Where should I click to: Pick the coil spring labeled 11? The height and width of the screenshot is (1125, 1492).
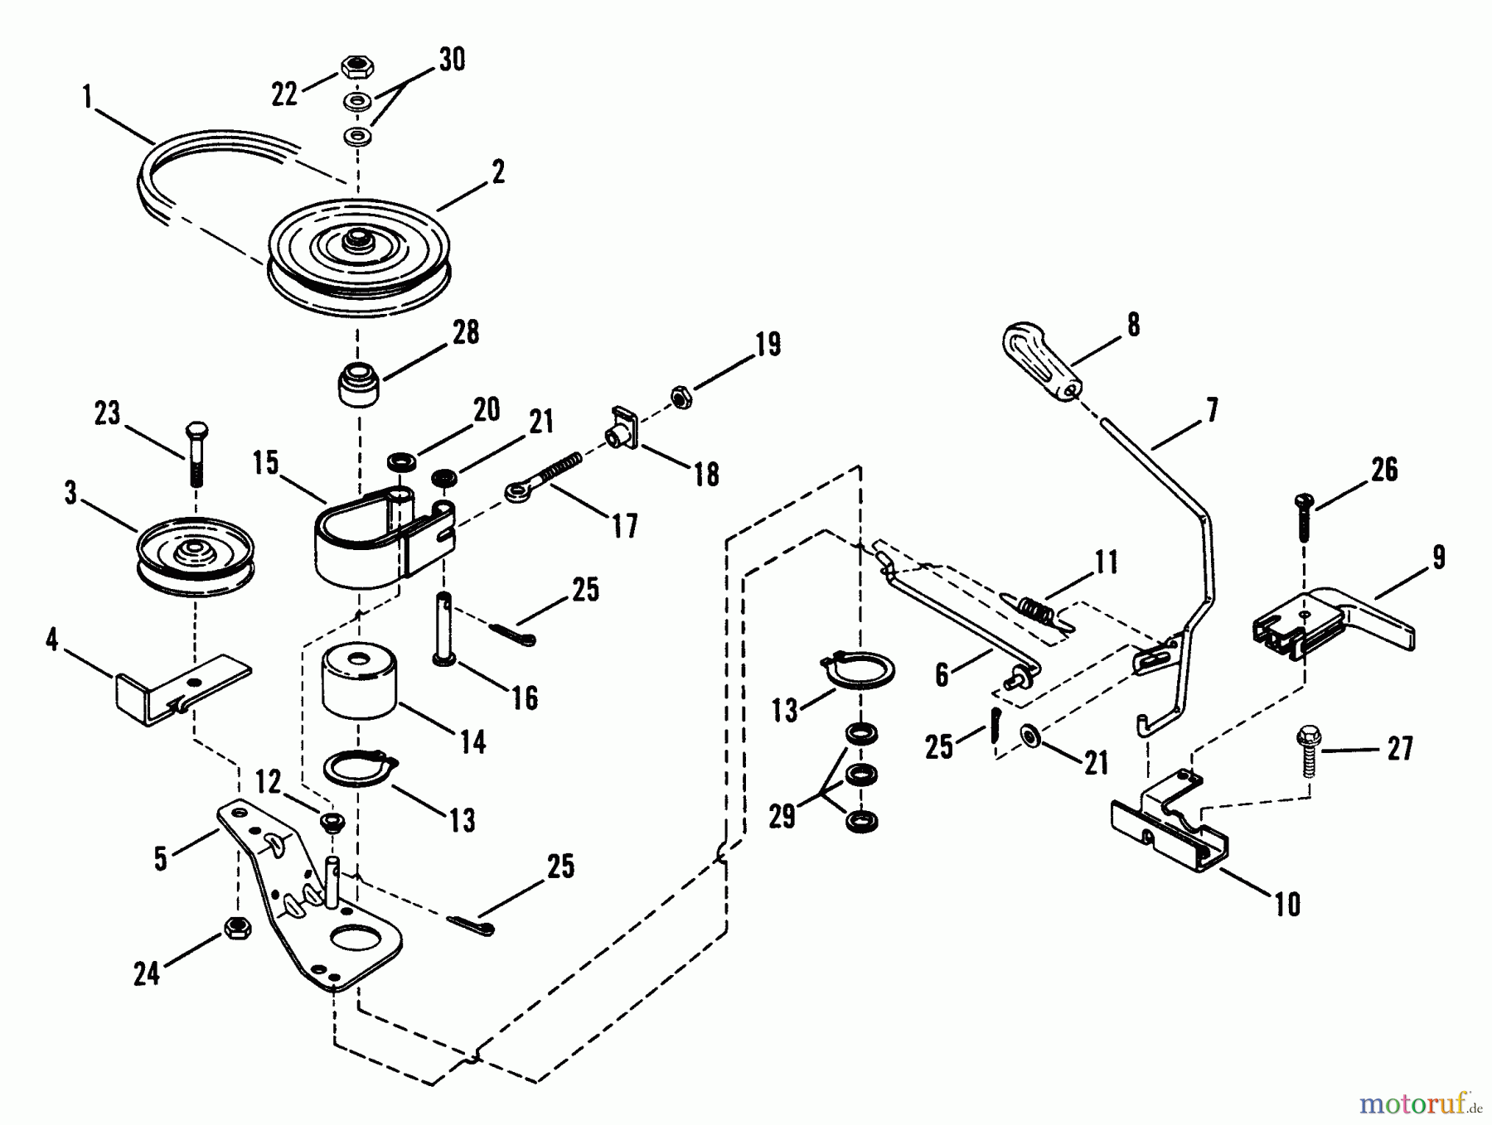click(x=1033, y=611)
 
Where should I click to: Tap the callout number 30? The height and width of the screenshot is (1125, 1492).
click(x=452, y=60)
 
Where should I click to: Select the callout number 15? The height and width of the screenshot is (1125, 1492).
click(x=266, y=463)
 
